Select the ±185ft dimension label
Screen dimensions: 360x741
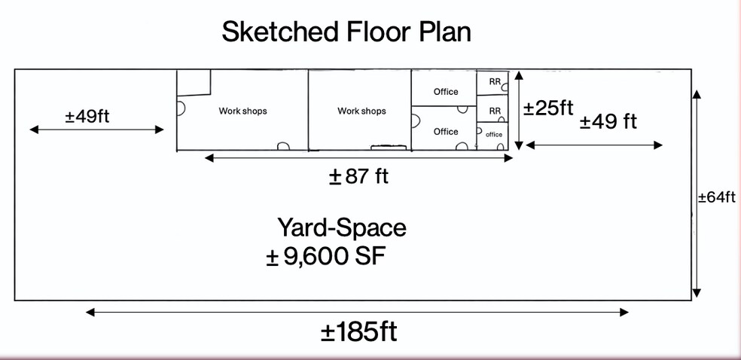click(x=358, y=332)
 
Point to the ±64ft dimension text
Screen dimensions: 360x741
click(x=716, y=197)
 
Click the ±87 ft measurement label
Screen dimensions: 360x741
click(x=358, y=177)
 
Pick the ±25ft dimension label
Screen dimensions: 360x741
click(x=548, y=108)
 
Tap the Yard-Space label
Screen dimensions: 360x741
click(x=342, y=227)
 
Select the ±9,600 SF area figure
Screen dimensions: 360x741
click(x=325, y=257)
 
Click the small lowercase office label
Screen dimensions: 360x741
click(x=494, y=134)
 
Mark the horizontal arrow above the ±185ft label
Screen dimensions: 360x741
click(x=357, y=312)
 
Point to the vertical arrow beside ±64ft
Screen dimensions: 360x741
click(x=697, y=193)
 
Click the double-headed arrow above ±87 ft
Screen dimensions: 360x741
click(x=358, y=158)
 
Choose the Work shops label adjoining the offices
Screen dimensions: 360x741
click(x=361, y=111)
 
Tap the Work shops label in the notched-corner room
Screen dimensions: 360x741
click(x=242, y=111)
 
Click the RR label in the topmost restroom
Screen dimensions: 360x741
click(x=495, y=81)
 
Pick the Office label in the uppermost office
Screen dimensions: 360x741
click(x=446, y=92)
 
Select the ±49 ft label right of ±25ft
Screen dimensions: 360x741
click(x=608, y=121)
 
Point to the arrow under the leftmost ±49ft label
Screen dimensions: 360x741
click(x=96, y=130)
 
